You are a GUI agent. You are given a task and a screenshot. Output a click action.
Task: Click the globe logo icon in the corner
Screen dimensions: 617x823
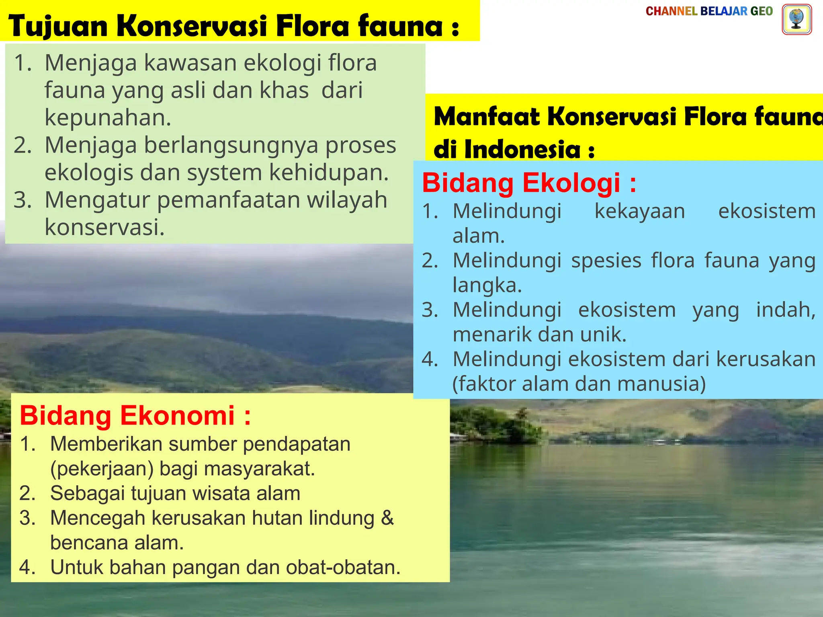point(796,19)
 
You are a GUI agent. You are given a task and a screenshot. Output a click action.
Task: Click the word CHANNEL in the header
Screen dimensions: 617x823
point(671,11)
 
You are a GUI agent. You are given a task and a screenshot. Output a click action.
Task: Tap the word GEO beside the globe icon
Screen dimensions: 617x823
point(762,11)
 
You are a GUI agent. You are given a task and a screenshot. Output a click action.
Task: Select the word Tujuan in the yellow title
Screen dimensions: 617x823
point(58,27)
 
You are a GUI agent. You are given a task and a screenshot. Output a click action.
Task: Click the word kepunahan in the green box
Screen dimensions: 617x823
point(107,118)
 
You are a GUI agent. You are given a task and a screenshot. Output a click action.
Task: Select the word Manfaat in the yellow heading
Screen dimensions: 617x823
point(487,117)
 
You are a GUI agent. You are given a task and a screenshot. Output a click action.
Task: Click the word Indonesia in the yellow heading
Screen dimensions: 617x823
point(522,149)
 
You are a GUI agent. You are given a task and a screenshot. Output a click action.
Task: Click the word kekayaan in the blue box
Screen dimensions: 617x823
point(640,211)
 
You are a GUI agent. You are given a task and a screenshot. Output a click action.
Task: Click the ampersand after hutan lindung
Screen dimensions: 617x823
point(387,518)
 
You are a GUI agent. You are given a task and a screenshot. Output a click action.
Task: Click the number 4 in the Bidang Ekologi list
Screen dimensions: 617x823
point(429,359)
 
